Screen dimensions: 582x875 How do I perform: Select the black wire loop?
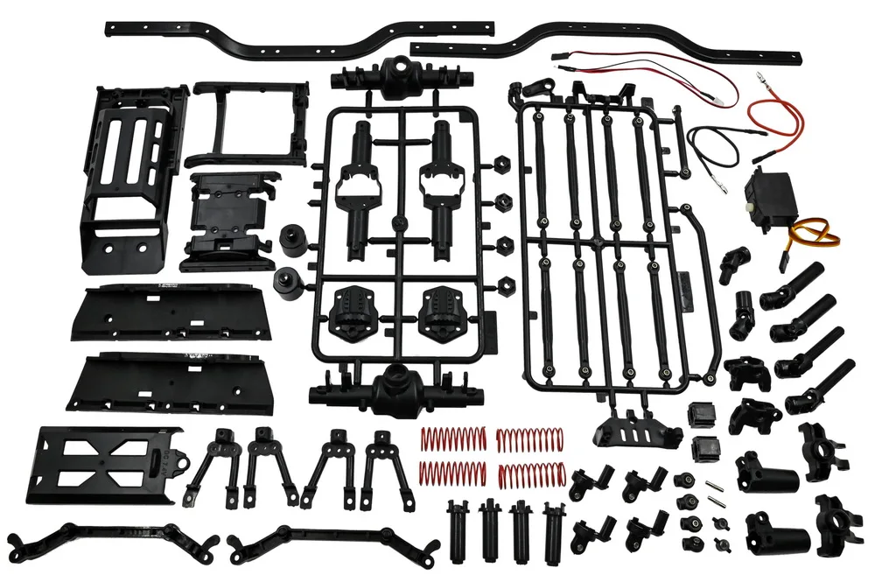coord(713,144)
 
